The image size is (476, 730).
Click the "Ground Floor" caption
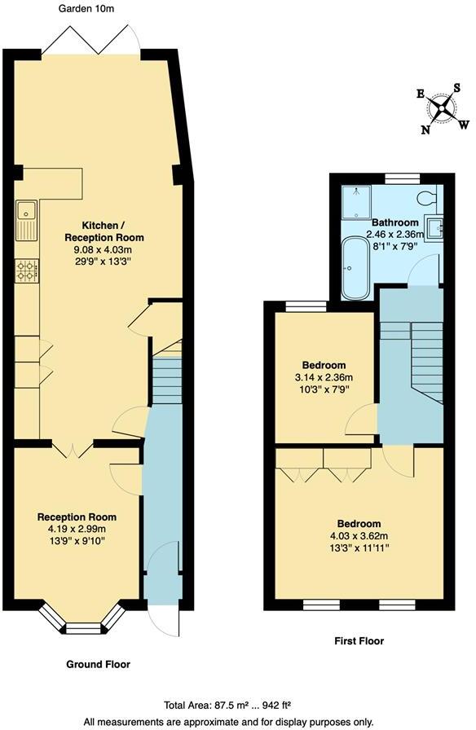tap(98, 664)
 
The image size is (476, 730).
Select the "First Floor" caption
tap(359, 641)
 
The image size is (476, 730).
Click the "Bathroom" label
tap(395, 222)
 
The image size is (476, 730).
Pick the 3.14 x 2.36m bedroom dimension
tap(324, 378)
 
